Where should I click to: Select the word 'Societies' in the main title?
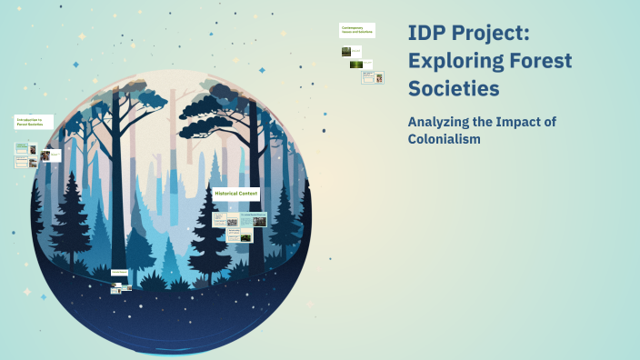pyautogui.click(x=454, y=89)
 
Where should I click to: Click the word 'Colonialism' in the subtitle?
pyautogui.click(x=445, y=139)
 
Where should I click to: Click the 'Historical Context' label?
pyautogui.click(x=236, y=194)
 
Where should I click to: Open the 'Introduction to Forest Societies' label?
pyautogui.click(x=34, y=122)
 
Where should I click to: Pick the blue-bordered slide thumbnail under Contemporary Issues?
pyautogui.click(x=373, y=77)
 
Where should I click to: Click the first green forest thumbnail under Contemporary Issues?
pyautogui.click(x=346, y=52)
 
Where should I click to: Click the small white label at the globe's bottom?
pyautogui.click(x=119, y=272)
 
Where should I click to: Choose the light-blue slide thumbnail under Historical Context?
pyautogui.click(x=252, y=219)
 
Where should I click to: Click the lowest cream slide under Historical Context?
pyautogui.click(x=221, y=235)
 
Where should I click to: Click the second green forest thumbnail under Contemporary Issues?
pyautogui.click(x=356, y=65)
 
